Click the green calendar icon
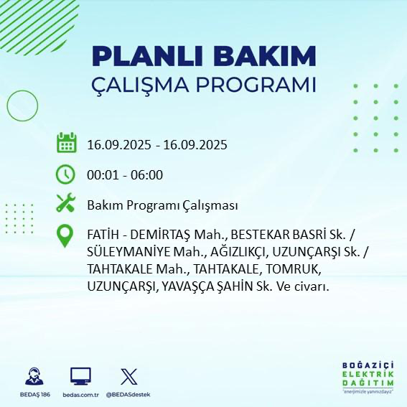coord(66,144)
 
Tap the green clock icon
coord(66,174)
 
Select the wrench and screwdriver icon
coord(66,205)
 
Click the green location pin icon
coord(66,236)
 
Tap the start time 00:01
coord(101,174)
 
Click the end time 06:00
coord(147,174)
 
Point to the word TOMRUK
coord(296,269)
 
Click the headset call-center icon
coord(33,377)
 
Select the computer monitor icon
coord(80,377)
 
